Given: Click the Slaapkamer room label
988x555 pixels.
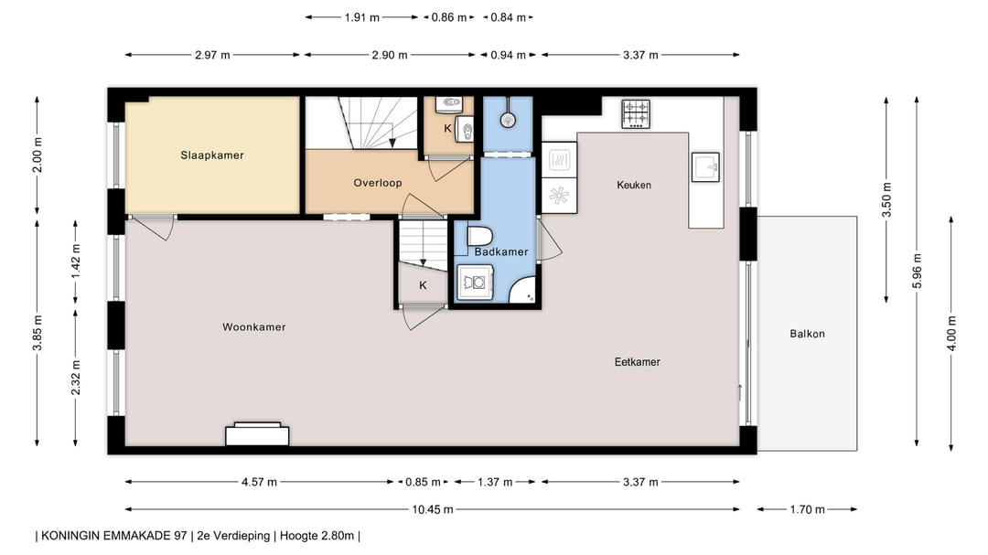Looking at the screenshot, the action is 211,155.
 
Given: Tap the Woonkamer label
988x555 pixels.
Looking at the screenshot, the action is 254,327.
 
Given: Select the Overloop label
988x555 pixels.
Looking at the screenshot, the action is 378,183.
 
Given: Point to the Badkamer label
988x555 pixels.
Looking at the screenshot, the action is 501,251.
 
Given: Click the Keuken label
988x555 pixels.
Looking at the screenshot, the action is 634,185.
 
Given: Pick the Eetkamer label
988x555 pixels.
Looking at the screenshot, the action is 637,361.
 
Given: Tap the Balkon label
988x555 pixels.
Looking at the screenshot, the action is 807,334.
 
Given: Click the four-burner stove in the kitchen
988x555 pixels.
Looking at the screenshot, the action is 636,114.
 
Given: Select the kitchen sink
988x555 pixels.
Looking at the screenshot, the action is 705,167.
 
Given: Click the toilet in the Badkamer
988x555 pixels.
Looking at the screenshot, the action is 479,237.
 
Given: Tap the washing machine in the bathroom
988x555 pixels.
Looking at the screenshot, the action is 475,283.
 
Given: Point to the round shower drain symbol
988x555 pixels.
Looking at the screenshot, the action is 507,120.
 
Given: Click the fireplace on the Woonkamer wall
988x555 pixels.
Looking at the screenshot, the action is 257,434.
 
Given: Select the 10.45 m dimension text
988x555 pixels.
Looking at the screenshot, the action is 432,509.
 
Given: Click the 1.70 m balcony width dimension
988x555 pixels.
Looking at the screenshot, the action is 807,509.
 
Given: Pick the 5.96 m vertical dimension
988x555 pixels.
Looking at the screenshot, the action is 917,272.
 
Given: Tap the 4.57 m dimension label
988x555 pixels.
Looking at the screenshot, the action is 259,483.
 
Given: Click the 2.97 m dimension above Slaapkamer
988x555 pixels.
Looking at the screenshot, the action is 212,56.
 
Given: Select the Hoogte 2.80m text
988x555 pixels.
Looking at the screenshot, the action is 317,536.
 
